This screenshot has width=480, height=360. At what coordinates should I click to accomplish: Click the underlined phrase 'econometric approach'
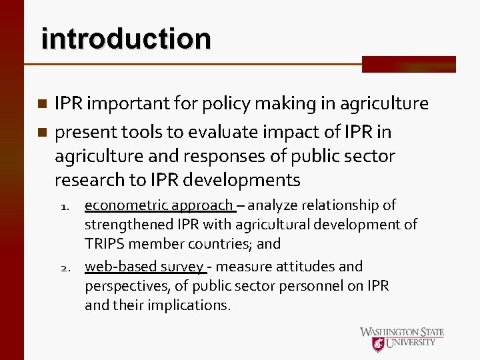[159, 205]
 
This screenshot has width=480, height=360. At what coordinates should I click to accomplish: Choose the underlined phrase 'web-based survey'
[144, 267]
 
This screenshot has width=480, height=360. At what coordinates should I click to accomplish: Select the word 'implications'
[187, 305]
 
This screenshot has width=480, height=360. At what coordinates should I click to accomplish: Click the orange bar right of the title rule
[409, 64]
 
